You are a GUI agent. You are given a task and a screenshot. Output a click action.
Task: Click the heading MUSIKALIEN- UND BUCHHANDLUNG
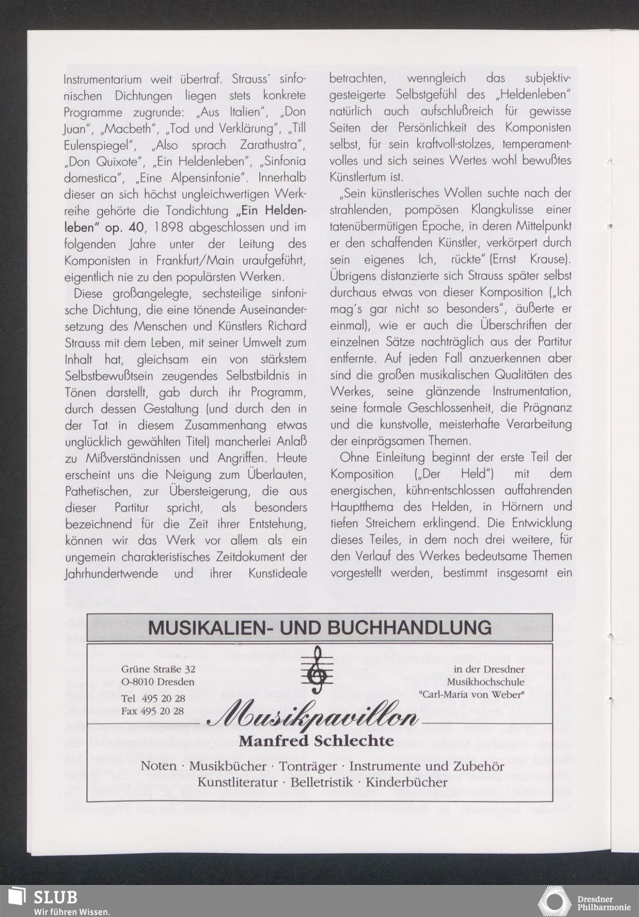click(x=319, y=627)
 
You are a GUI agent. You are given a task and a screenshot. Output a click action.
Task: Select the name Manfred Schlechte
click(x=316, y=741)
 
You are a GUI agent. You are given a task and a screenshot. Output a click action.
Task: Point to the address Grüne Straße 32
click(x=158, y=670)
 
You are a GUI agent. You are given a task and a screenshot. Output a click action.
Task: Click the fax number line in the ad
click(x=153, y=711)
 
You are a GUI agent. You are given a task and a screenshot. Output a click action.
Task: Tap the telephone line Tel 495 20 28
click(x=153, y=699)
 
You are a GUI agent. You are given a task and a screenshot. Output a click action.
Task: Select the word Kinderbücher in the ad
click(x=406, y=782)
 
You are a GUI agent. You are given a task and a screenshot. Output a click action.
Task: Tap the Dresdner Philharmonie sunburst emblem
click(x=553, y=900)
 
